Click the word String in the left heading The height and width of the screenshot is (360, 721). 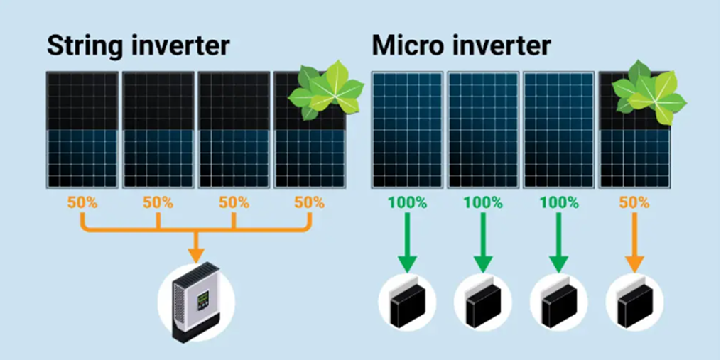[84, 46]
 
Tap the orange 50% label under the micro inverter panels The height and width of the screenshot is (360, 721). [634, 203]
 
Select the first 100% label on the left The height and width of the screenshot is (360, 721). [407, 203]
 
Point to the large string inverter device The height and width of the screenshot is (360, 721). [196, 301]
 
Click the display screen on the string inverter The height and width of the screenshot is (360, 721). [202, 301]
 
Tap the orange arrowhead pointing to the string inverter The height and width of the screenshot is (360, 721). [196, 254]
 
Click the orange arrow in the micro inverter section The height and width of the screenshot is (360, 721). [634, 241]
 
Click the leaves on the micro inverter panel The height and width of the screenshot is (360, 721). [649, 92]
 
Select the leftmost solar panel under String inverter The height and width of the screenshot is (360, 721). [82, 130]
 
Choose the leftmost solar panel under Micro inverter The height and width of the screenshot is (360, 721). [408, 130]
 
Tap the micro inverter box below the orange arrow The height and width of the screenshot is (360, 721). [634, 300]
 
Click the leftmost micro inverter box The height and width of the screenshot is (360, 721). [408, 300]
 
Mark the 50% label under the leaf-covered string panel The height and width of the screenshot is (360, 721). [310, 203]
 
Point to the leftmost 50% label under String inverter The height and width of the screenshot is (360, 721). [82, 203]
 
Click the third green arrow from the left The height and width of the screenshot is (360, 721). [558, 241]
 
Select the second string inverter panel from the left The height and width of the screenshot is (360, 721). [158, 130]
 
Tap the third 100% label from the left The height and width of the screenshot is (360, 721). [558, 203]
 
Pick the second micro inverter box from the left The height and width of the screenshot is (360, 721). [483, 300]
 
